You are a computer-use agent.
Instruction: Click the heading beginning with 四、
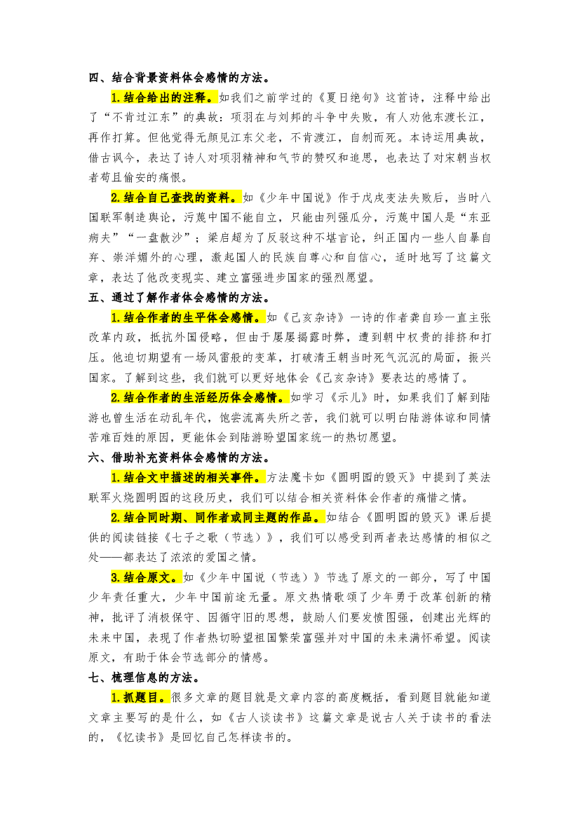180,77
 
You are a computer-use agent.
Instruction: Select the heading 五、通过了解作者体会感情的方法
180,297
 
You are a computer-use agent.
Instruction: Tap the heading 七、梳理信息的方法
145,677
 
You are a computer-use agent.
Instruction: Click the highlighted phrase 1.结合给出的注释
163,97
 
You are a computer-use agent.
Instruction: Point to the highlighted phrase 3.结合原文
145,577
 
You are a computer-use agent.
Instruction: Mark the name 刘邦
289,117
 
